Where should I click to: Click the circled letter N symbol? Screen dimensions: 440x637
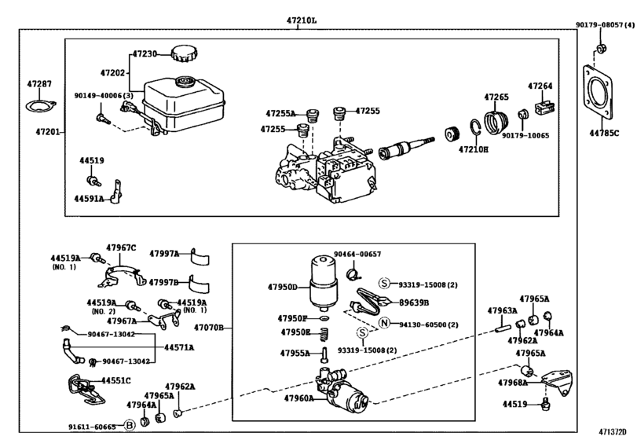click(x=384, y=324)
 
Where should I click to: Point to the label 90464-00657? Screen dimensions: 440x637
click(x=357, y=255)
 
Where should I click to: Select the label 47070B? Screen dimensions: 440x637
click(x=209, y=326)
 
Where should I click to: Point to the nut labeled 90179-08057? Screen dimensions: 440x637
click(x=601, y=50)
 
